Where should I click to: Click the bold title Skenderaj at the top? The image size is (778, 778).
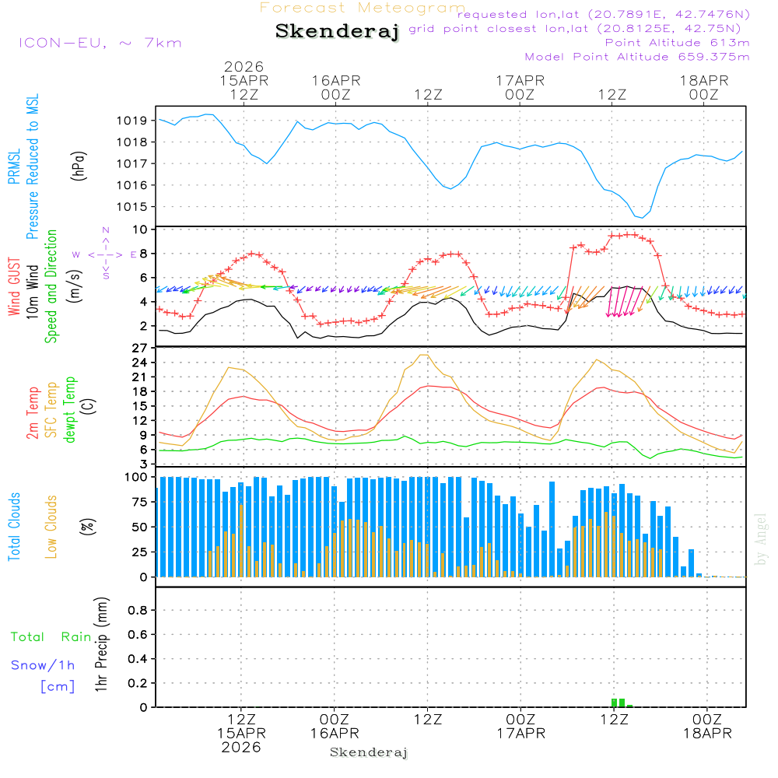pos(337,32)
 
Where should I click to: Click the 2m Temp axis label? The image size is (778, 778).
pos(33,412)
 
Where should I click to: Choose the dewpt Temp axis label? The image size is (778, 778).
pos(70,410)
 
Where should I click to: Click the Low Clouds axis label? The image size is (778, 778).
pos(51,527)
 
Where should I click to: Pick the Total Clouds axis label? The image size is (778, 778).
pos(14,527)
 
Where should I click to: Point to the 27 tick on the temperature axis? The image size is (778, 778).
pos(139,348)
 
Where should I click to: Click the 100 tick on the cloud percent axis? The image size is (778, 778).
pos(136,477)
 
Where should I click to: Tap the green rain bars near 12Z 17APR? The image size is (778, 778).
pos(619,703)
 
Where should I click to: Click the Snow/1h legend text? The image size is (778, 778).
pos(43,666)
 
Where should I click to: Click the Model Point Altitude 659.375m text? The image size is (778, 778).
pos(636,57)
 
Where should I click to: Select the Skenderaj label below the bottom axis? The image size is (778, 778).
pos(369,752)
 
